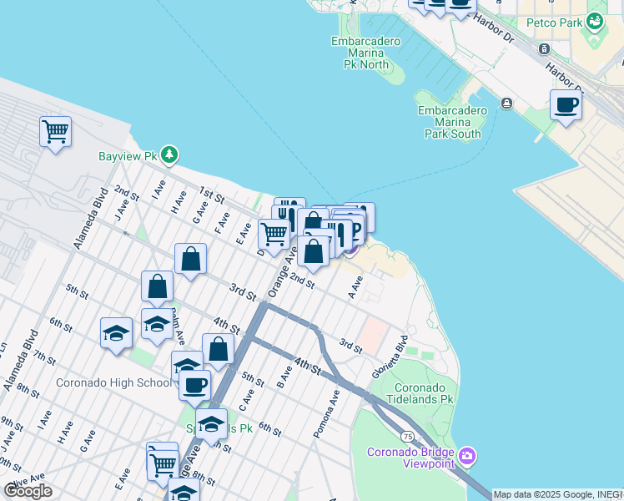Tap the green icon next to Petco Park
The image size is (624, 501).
(595, 20)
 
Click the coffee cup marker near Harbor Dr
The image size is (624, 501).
(566, 106)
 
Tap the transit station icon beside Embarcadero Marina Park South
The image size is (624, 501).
(506, 103)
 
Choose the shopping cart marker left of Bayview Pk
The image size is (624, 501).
(55, 132)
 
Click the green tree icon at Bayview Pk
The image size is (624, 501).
(170, 154)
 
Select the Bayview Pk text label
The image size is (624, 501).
(140, 156)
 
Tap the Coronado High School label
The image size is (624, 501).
(113, 383)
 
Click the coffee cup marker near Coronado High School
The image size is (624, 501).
(195, 387)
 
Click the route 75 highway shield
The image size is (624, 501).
(407, 436)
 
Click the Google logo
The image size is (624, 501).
(28, 491)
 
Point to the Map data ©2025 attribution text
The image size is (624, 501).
(557, 494)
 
